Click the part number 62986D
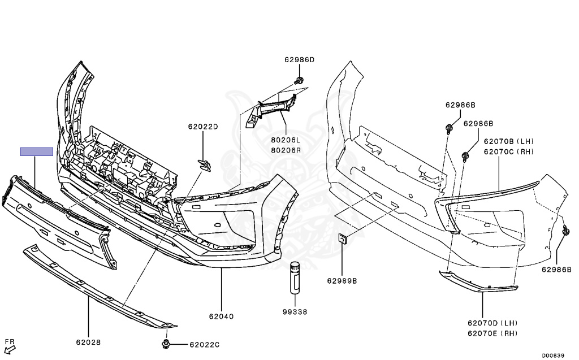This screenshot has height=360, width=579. (x=299, y=59)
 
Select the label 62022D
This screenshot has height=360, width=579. (x=203, y=127)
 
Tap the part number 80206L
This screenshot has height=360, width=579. (x=286, y=140)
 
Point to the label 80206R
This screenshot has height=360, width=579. (x=286, y=150)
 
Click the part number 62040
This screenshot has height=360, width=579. (x=221, y=316)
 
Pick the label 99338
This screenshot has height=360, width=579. (x=295, y=311)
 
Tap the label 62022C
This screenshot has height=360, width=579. (x=204, y=345)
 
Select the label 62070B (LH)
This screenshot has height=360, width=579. (x=508, y=141)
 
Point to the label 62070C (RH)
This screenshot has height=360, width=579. (x=508, y=151)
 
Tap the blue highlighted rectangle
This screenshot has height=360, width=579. (x=36, y=151)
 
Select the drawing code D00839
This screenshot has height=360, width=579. (x=552, y=355)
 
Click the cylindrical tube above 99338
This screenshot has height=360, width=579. (x=295, y=277)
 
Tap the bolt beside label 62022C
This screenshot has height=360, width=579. (x=167, y=344)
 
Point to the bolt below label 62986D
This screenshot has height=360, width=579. (x=300, y=79)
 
